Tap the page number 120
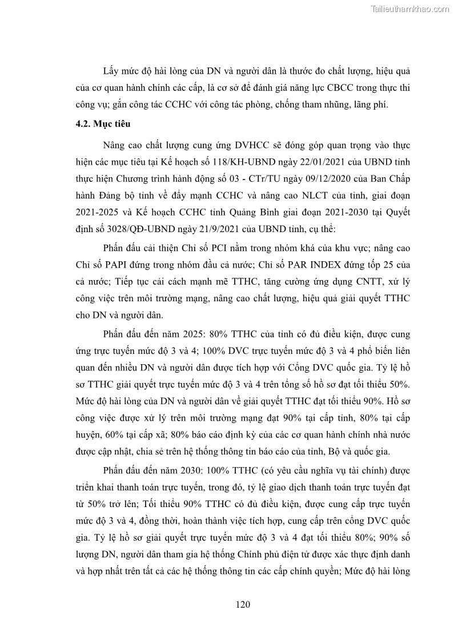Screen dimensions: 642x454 [x=243, y=605]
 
